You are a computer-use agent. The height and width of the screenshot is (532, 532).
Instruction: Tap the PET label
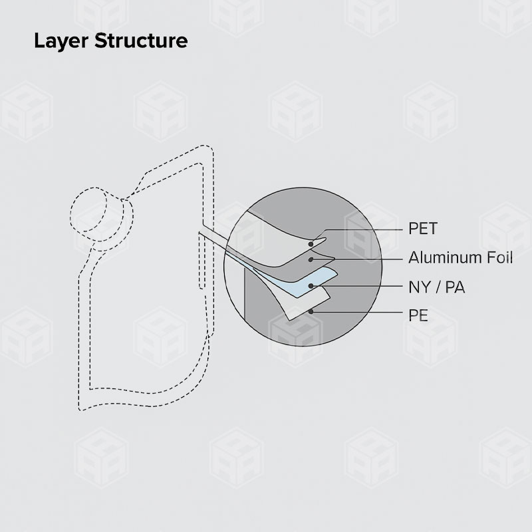423,229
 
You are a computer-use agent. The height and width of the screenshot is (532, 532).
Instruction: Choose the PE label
418,314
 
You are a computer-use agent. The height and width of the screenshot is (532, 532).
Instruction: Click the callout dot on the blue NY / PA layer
311,286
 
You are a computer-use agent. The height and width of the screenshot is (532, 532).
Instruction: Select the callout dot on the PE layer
311,311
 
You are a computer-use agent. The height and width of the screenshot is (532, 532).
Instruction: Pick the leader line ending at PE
359,311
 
